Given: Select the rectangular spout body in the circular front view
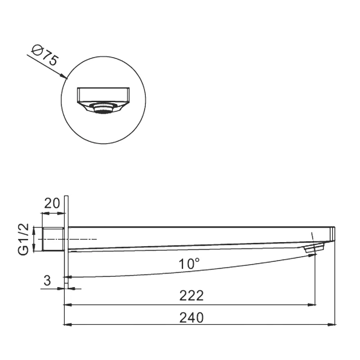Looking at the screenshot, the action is [x=103, y=95].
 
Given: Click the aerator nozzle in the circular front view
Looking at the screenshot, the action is [x=103, y=108].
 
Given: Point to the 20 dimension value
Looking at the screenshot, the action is [x=52, y=203].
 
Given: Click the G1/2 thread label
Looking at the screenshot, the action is [x=23, y=239].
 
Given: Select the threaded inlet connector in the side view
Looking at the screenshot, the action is [x=53, y=239].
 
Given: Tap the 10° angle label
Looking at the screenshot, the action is [x=189, y=264].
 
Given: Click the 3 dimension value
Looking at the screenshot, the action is [x=47, y=280].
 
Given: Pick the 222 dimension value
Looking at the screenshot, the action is [x=192, y=296].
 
